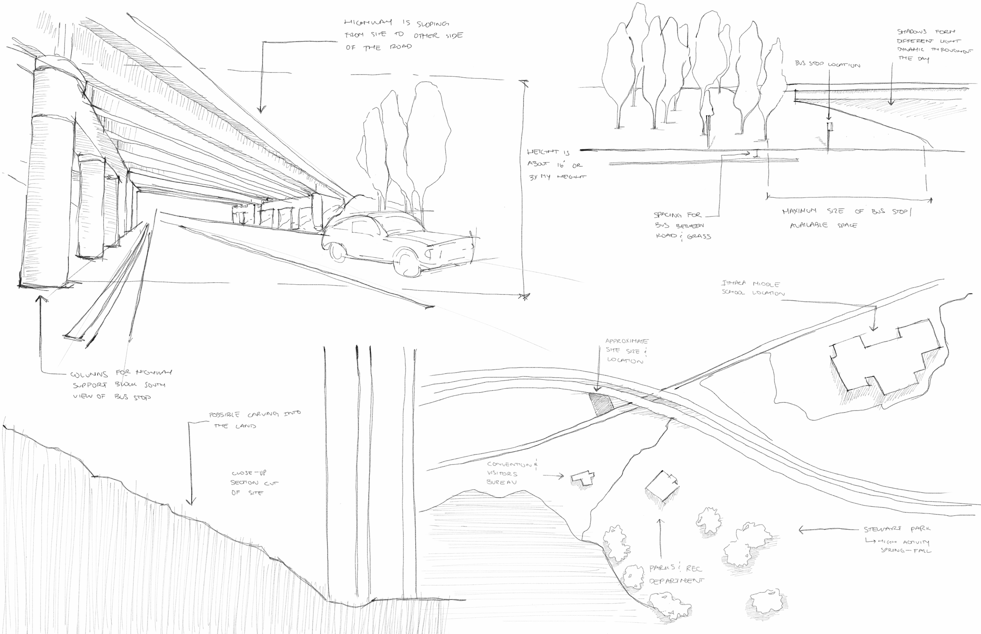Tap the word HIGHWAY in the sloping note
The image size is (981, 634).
368,22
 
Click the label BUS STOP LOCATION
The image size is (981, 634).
827,65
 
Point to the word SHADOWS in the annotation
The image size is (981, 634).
912,31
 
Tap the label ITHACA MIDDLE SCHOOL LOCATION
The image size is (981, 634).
753,288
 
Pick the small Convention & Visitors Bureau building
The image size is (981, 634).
583,478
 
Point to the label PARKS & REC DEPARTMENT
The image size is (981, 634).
676,574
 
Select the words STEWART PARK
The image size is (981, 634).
897,529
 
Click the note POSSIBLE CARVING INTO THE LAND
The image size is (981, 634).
255,420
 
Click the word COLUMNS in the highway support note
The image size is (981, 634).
89,375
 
